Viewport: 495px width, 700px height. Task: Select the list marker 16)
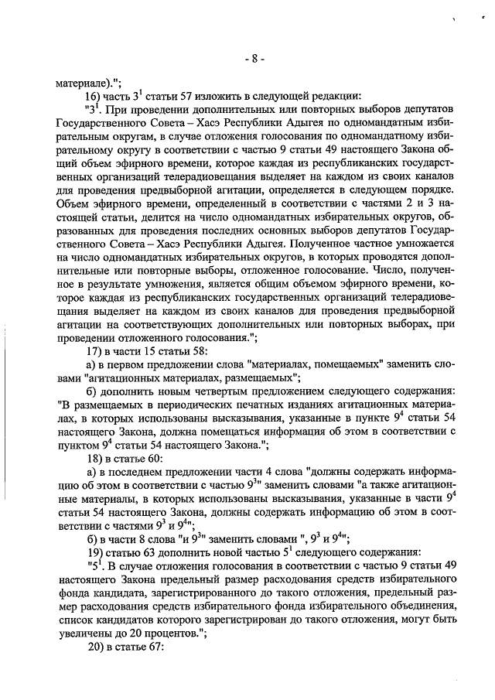click(93, 96)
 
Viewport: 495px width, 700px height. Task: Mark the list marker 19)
click(93, 554)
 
